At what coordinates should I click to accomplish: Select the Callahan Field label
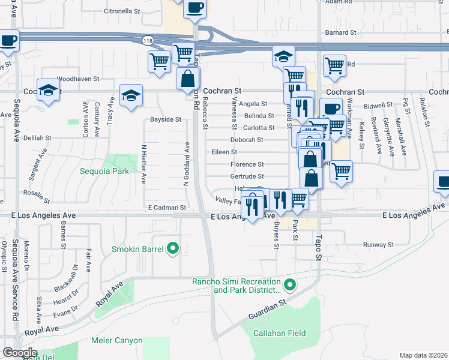[279, 333]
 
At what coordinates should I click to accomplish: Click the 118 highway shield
[147, 40]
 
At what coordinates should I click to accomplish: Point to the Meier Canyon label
[117, 340]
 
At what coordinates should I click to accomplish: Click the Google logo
[19, 353]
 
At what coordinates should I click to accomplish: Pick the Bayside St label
[165, 119]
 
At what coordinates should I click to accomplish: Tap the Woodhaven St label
[78, 79]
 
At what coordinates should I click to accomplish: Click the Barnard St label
[341, 32]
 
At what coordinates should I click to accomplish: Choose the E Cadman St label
[167, 208]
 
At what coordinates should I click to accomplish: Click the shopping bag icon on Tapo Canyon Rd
[188, 78]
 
